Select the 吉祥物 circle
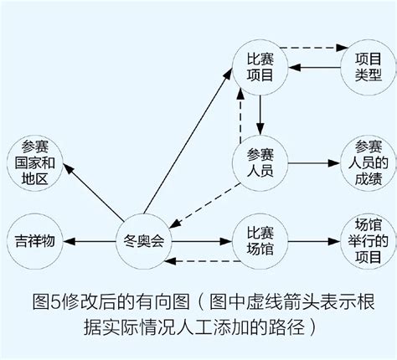(x=35, y=241)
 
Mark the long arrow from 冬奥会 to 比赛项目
(x=188, y=142)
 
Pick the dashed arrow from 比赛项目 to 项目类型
(x=310, y=47)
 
